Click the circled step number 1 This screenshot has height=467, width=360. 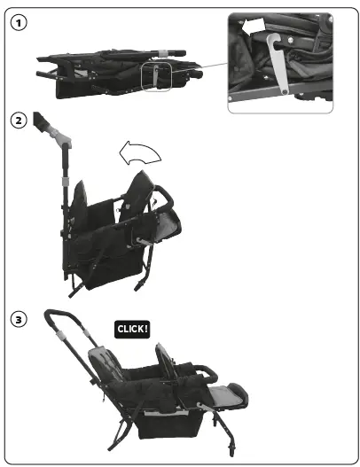[17, 23]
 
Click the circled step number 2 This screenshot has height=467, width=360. [17, 120]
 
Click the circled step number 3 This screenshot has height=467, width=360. [17, 319]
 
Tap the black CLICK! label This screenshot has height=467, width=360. [133, 328]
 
